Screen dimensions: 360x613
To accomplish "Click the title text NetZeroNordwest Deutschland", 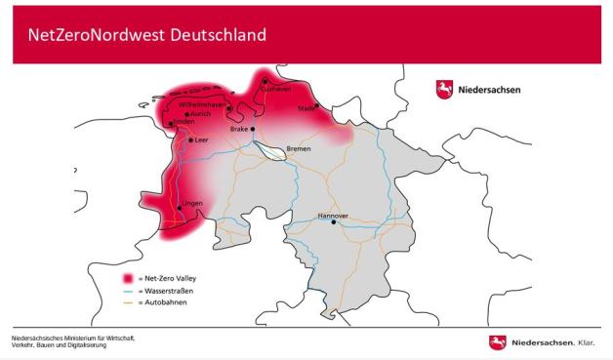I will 146,35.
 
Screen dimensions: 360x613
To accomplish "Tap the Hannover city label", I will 334,215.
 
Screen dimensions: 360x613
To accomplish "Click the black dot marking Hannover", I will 334,222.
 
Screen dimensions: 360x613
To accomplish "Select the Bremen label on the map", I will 299,148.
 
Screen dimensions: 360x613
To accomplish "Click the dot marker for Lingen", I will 179,209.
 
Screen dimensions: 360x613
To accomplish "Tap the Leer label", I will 202,140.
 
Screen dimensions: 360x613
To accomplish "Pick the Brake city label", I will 239,129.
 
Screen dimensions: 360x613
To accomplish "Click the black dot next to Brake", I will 252,129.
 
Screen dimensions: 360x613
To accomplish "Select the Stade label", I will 306,107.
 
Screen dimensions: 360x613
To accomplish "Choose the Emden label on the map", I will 184,122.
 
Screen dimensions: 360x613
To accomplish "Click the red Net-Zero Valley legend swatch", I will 126,278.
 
